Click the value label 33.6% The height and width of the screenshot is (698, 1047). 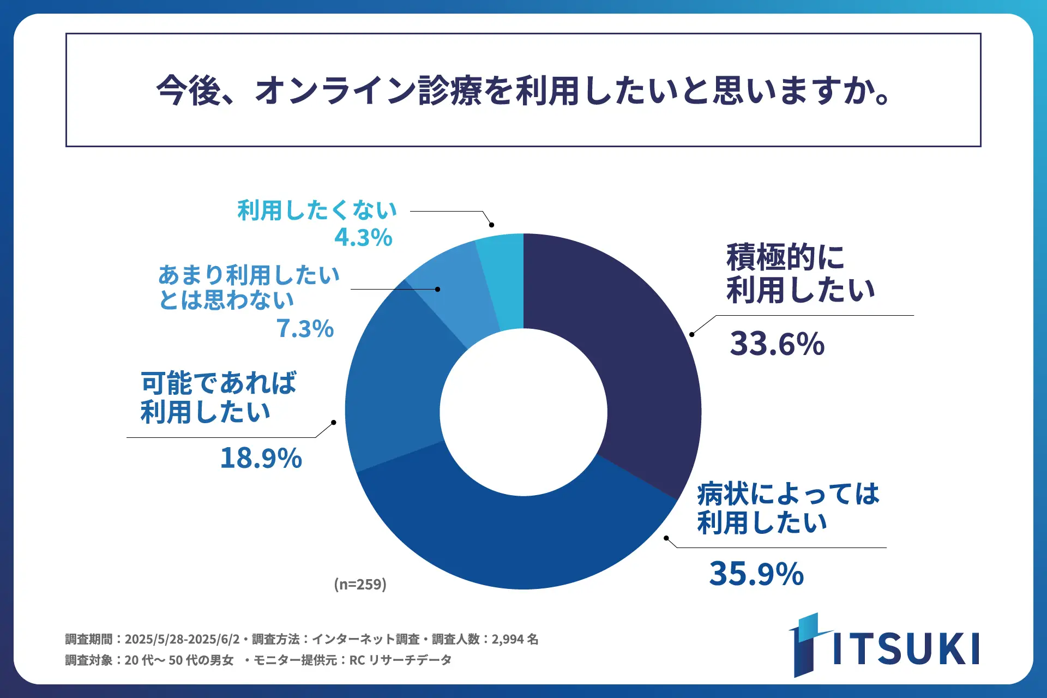point(777,344)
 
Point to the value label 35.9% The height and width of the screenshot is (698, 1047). point(756,574)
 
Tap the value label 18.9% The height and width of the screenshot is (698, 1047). point(261,458)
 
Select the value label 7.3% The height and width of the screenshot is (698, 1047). point(305,328)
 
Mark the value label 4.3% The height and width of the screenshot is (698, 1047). point(363,237)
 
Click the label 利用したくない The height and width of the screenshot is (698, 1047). point(317,210)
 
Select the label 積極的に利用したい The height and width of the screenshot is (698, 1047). point(800,273)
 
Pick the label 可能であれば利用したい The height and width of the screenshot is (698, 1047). point(218,397)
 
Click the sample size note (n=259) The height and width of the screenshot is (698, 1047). point(360,584)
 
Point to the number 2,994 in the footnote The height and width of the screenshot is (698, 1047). point(508,639)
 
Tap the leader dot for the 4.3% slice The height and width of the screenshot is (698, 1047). point(491,225)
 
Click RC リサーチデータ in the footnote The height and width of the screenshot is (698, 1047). point(400,660)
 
